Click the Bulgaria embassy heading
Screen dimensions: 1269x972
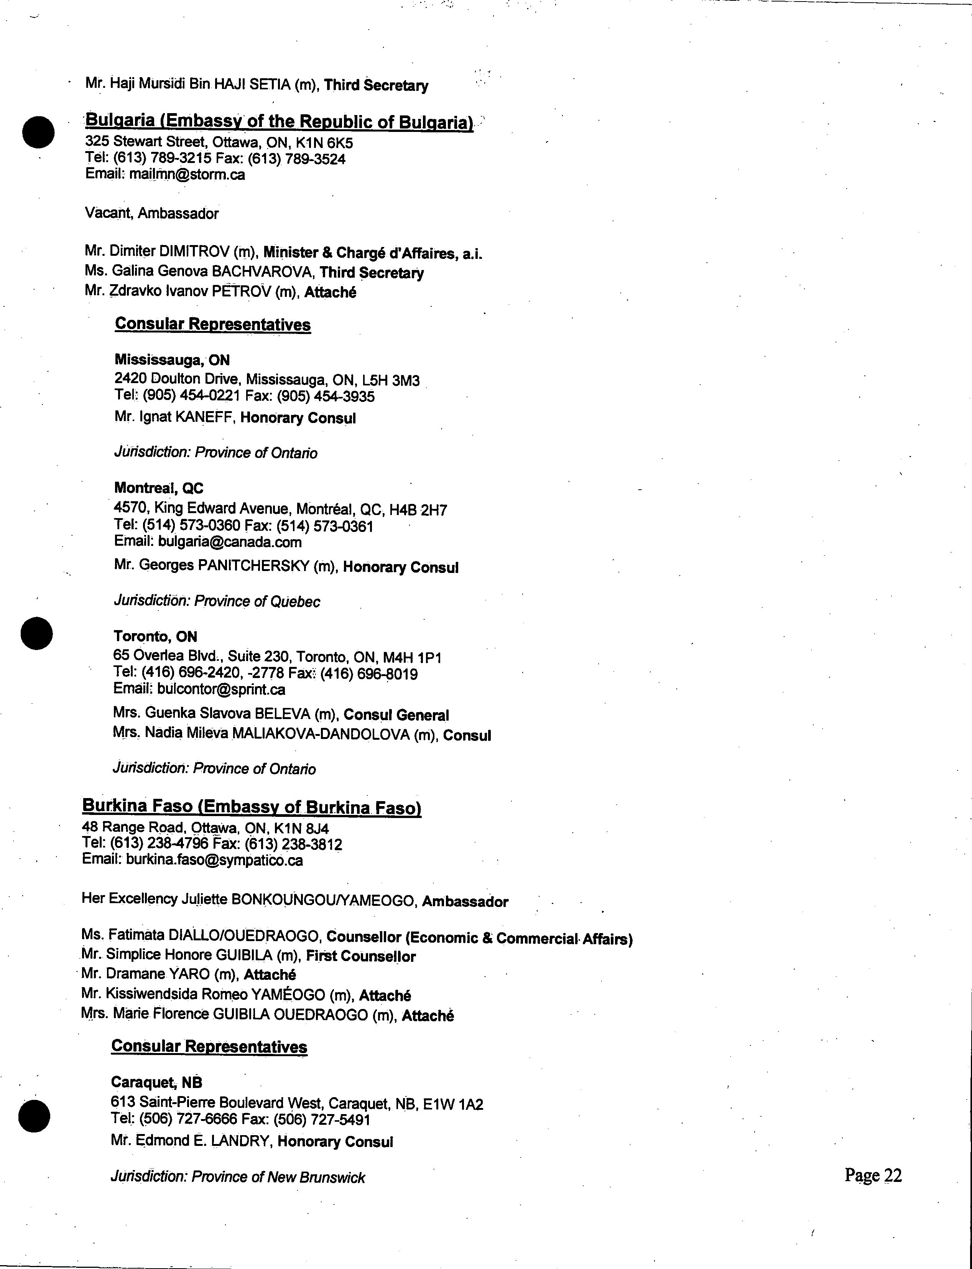tap(279, 122)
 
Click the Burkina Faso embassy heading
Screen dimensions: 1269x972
tap(252, 806)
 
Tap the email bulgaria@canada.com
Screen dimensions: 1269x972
tap(230, 542)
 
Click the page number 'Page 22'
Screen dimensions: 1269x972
tap(872, 1175)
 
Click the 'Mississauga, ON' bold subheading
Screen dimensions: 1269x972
tap(172, 360)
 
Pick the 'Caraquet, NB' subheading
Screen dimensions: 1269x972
tap(156, 1082)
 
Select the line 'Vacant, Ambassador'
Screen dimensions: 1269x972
tap(151, 214)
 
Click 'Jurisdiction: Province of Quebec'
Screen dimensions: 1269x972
tap(217, 601)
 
